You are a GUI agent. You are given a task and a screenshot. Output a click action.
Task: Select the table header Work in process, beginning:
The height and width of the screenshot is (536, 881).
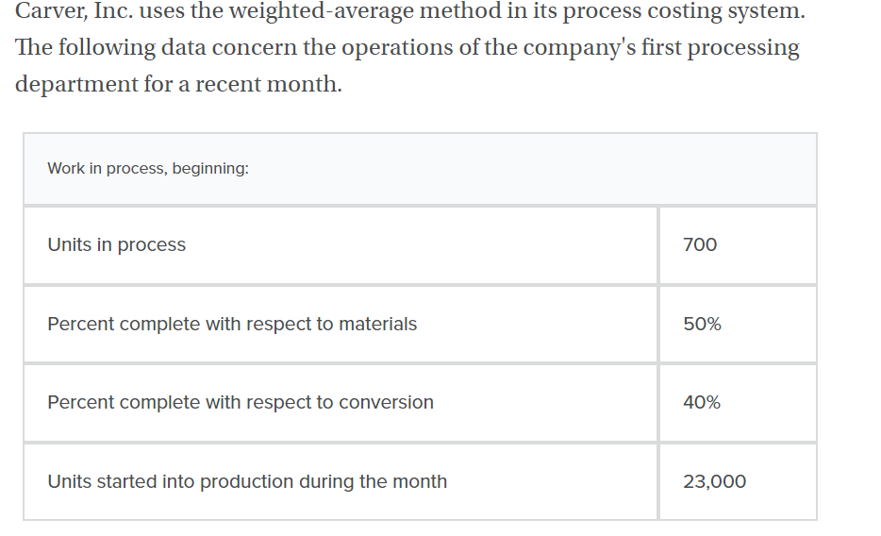tap(148, 168)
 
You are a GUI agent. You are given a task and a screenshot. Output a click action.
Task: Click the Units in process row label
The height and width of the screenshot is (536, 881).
tap(117, 244)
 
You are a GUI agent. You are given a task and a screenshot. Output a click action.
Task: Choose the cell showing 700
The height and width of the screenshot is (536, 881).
tap(700, 244)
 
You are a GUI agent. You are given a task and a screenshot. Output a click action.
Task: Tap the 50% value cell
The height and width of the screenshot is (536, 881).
tap(702, 324)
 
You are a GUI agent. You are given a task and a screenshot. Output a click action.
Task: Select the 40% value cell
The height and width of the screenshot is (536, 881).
tap(702, 402)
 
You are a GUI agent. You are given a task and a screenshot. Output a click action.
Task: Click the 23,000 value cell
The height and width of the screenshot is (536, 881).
tap(714, 481)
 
